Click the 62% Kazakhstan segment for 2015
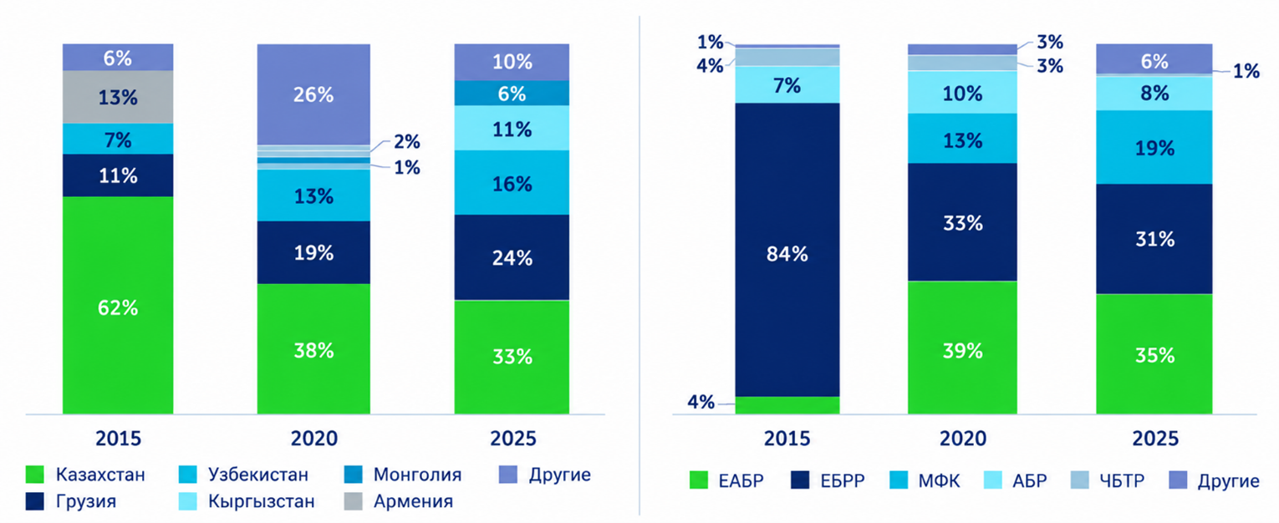pyautogui.click(x=118, y=305)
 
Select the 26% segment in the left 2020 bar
pyautogui.click(x=313, y=94)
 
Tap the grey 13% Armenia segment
pyautogui.click(x=118, y=97)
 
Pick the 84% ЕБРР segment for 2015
pyautogui.click(x=787, y=250)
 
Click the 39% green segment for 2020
pyautogui.click(x=963, y=348)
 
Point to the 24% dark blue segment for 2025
pyautogui.click(x=512, y=257)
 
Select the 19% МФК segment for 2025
pyautogui.click(x=1154, y=147)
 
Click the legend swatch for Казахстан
pyautogui.click(x=35, y=475)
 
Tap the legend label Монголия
pyautogui.click(x=417, y=475)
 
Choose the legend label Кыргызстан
pyautogui.click(x=261, y=501)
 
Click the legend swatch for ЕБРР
pyautogui.click(x=800, y=480)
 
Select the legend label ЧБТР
pyautogui.click(x=1122, y=480)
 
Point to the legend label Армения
pyautogui.click(x=414, y=501)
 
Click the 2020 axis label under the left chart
pyautogui.click(x=314, y=439)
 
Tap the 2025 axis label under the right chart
pyautogui.click(x=1155, y=439)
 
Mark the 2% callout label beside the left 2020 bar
pyautogui.click(x=407, y=141)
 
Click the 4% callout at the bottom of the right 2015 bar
pyautogui.click(x=701, y=402)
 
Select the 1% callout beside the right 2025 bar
pyautogui.click(x=1246, y=71)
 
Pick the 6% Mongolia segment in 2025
pyautogui.click(x=512, y=93)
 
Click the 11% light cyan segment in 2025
pyautogui.click(x=512, y=128)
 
